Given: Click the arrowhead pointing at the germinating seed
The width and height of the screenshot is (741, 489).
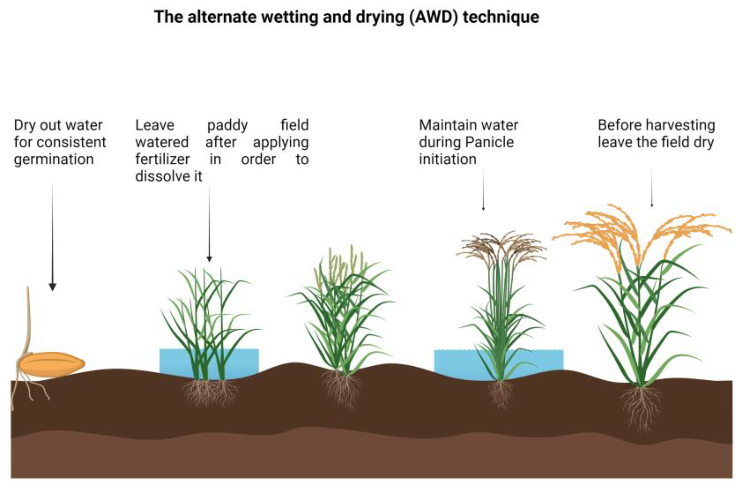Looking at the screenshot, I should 52,287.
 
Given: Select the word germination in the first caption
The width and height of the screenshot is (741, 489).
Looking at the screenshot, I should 54,160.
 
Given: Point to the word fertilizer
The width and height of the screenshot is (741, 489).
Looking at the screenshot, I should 162,160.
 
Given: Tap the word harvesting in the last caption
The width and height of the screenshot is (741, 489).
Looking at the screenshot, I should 685,125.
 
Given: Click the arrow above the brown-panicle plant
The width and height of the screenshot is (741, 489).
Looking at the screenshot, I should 483,190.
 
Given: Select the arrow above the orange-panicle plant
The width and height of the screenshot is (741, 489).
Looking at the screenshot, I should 651,189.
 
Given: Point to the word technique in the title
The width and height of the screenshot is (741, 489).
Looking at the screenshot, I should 501,17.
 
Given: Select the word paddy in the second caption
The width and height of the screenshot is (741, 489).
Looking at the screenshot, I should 227,125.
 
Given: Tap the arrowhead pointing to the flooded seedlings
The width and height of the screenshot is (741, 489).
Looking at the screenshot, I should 210,259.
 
